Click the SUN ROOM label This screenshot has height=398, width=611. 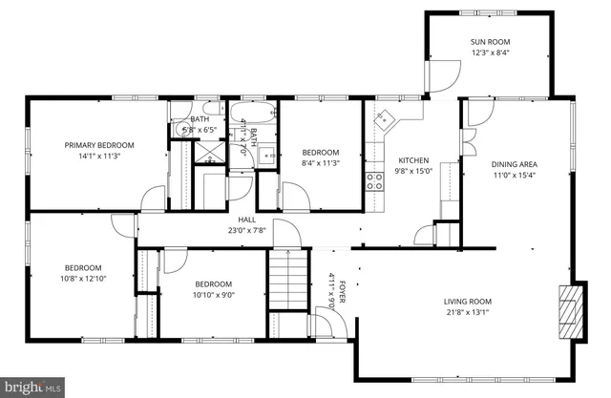[x=489, y=42]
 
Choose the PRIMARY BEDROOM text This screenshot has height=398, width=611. [x=99, y=145]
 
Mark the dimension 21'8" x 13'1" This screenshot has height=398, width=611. [x=467, y=313]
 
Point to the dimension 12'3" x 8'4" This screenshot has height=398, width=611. [x=489, y=53]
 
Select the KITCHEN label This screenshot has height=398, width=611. [x=413, y=160]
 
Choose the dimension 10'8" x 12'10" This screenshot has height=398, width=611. [x=83, y=279]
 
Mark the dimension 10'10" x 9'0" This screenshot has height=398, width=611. [x=213, y=295]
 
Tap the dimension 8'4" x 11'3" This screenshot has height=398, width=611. [x=321, y=163]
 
